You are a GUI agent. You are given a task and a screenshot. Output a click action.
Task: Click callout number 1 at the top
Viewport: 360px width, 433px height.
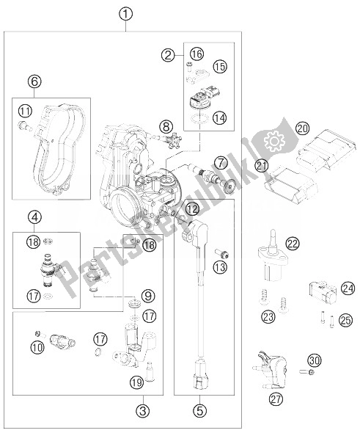127,14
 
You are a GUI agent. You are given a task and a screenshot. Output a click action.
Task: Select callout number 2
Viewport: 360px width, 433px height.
168,54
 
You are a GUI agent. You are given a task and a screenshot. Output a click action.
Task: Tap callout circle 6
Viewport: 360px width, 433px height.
34,81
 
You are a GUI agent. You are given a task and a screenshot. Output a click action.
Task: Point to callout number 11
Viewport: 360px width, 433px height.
25,111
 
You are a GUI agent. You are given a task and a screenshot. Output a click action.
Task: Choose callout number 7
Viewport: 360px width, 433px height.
219,161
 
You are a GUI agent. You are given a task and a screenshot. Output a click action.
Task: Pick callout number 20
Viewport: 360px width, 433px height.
303,128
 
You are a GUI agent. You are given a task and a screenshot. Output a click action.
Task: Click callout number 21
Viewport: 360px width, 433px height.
261,166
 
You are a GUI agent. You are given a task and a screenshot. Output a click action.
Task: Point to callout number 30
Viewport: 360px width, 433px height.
315,360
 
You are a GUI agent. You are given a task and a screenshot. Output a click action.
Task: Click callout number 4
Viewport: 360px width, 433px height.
34,217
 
